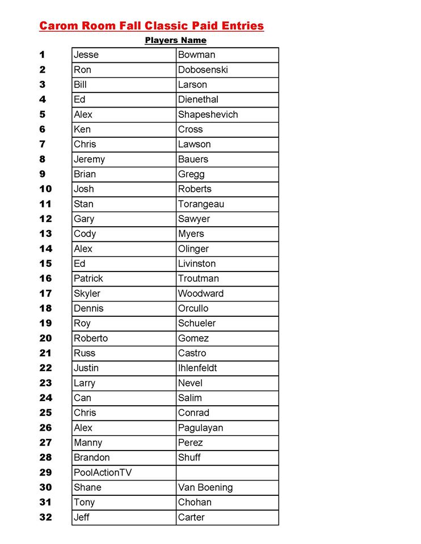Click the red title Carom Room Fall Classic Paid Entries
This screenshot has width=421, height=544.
151,25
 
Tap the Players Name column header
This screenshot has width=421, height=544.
175,40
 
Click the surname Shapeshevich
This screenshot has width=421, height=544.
208,114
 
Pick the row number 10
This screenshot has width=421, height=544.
45,189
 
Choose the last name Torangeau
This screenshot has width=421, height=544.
201,204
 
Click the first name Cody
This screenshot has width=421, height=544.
85,233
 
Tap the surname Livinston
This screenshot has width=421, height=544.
196,263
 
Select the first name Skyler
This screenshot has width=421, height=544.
87,294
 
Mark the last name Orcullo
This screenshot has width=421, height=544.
193,308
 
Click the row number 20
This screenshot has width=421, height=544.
45,338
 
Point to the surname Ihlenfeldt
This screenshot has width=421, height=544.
197,368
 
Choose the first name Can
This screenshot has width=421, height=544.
82,398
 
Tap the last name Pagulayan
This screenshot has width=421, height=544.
200,428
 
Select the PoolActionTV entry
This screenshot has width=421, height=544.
102,473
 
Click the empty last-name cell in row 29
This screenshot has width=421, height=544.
227,473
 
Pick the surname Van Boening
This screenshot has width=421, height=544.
205,487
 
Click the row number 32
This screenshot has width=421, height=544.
45,517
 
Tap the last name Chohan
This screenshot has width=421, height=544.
195,502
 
